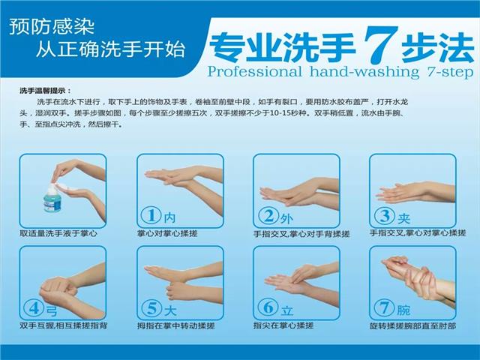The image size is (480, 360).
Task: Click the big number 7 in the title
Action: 380,43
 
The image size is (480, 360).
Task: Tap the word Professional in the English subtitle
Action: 254,72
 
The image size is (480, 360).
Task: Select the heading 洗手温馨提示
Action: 45,91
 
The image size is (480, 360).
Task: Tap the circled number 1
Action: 151,215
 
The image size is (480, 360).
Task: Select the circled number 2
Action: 268,215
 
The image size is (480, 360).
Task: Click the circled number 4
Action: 34,307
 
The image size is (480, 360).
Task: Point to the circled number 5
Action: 151,307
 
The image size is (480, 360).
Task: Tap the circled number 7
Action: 384,307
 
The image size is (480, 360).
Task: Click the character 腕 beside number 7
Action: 403,310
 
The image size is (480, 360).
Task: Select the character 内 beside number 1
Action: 170,217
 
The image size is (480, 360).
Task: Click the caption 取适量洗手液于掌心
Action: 58,233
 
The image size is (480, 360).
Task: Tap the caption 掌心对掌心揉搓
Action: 167,233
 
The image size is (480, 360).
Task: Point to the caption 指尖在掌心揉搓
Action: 283,325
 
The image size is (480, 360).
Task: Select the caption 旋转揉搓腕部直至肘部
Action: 412,325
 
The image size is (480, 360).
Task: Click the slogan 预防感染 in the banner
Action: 52,27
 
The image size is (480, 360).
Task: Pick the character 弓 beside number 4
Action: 52,310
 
